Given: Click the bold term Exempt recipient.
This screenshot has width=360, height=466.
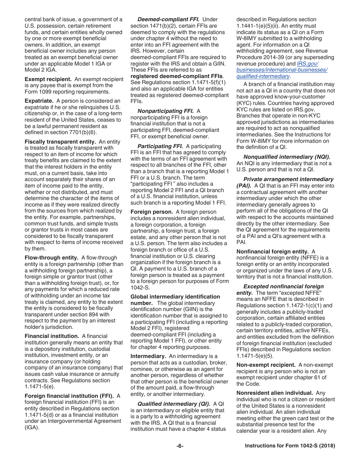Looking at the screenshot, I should point(48,79).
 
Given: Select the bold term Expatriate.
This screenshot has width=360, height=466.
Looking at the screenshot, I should point(39,101).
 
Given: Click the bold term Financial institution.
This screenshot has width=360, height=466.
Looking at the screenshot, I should point(52,336).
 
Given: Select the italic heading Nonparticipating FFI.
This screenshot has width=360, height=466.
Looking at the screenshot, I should point(166,111).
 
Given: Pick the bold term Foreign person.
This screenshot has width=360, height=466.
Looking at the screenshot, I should point(152,212).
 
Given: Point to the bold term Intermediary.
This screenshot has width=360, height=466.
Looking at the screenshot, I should point(148,356).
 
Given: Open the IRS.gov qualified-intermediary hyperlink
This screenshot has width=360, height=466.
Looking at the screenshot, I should point(282,70).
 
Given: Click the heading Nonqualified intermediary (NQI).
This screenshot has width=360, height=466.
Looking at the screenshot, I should point(286,157).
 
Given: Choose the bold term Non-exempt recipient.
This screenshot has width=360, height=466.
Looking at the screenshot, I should point(266,365).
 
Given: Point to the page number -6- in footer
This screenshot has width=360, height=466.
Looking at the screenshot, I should point(180,446).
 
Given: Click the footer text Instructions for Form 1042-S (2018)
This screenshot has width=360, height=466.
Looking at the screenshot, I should point(290,446).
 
